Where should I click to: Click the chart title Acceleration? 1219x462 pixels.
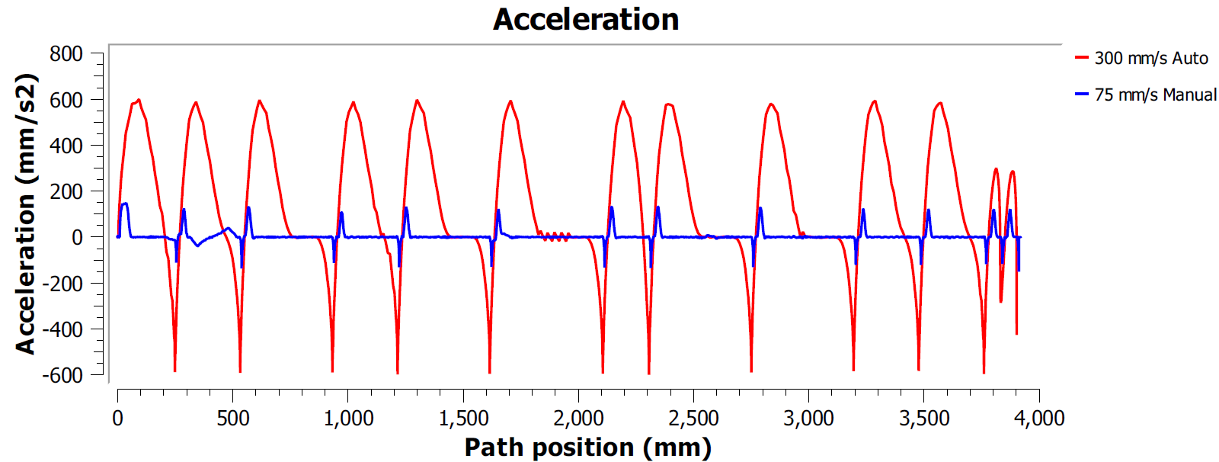click(586, 19)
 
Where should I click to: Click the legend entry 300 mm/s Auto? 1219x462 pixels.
click(1150, 58)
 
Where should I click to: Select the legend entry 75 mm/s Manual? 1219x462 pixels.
click(1155, 95)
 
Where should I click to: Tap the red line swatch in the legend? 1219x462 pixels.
click(1081, 58)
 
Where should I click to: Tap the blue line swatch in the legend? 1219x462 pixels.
click(1081, 95)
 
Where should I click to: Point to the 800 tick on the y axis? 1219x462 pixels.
click(66, 54)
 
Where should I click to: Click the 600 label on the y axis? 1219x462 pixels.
click(66, 100)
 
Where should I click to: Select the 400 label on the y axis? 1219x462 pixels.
click(66, 146)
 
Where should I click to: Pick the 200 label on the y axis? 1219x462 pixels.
click(66, 191)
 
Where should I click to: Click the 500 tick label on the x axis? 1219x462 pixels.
click(232, 418)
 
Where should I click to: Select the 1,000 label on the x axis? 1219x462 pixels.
click(348, 418)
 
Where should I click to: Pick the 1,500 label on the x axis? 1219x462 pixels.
click(463, 418)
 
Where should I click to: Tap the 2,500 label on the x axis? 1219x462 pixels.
click(693, 418)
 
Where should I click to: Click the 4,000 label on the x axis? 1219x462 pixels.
click(1039, 418)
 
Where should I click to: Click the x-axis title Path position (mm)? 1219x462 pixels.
click(587, 448)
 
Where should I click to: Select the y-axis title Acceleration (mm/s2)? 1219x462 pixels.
click(26, 213)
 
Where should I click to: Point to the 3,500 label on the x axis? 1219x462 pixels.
click(924, 418)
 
